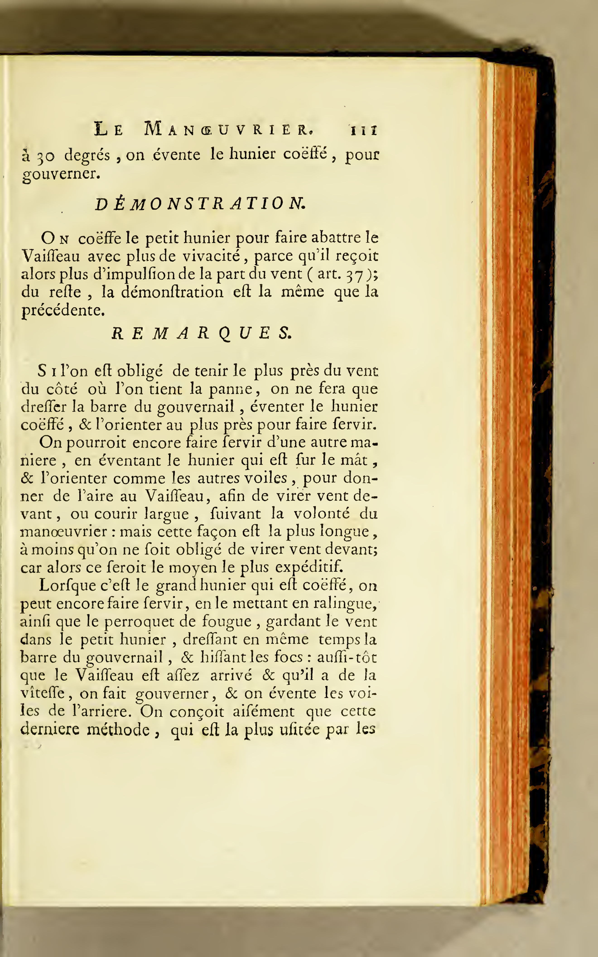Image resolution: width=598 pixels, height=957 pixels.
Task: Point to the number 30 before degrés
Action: coord(46,156)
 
